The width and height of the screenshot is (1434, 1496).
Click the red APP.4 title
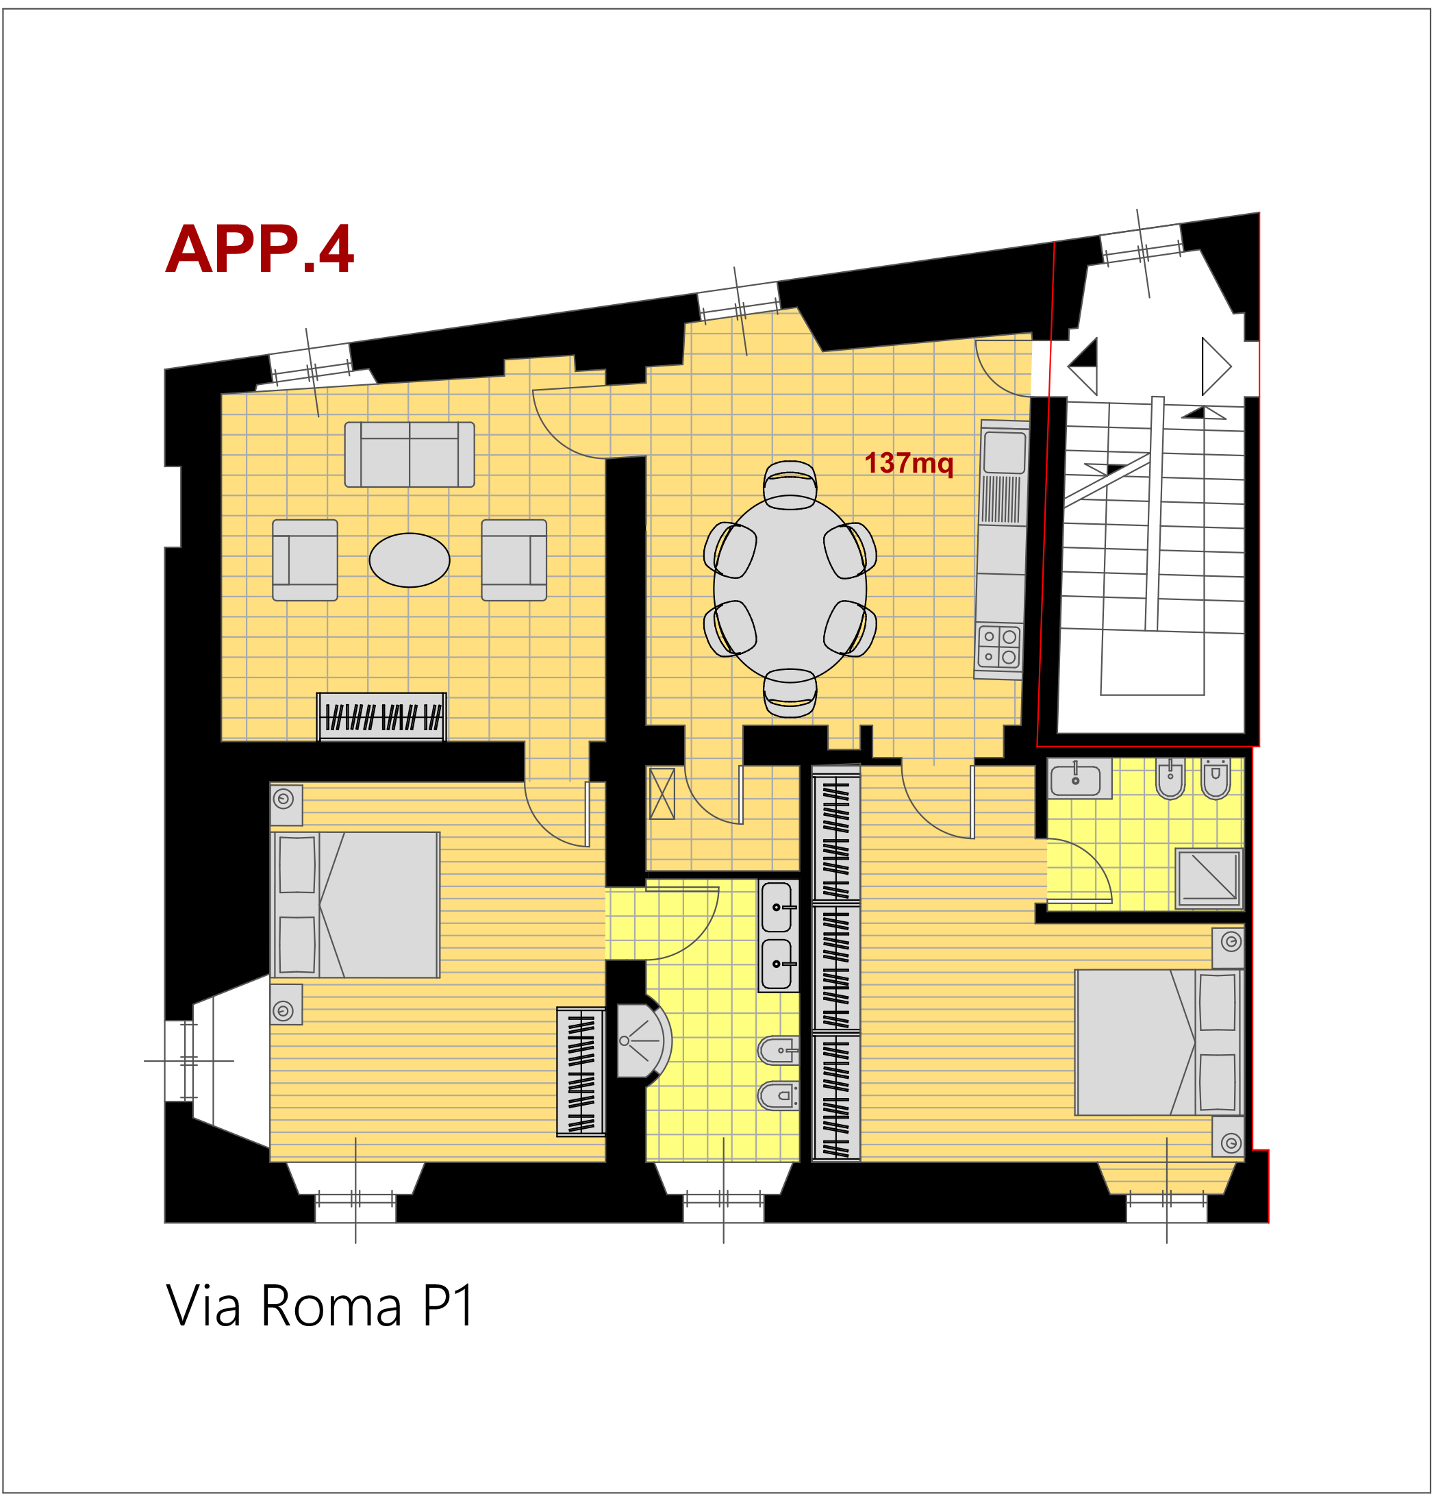tap(260, 249)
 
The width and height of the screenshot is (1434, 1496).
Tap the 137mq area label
tap(908, 463)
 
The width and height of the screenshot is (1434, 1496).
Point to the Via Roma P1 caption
tap(320, 1306)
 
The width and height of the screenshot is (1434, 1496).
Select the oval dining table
tap(790, 588)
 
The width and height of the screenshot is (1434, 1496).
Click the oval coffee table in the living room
tap(409, 560)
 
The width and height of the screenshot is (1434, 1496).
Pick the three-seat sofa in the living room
tap(409, 454)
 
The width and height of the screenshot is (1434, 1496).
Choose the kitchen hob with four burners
tap(998, 647)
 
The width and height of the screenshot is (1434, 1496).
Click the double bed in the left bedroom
tap(355, 904)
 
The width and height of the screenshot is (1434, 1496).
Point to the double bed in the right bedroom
tap(1159, 1043)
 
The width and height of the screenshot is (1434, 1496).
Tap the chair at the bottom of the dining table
tap(790, 693)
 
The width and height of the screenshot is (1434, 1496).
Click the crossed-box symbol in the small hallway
tap(662, 793)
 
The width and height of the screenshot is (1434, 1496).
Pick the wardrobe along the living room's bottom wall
tap(381, 716)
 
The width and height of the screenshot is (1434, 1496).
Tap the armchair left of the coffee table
tap(305, 560)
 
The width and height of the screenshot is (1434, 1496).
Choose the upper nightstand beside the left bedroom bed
tap(286, 804)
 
